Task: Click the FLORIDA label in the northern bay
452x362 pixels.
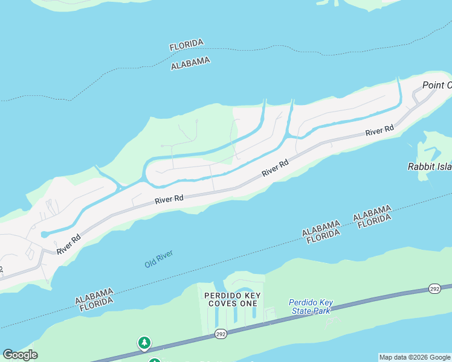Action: tap(187, 45)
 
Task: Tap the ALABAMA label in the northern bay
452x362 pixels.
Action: tap(190, 63)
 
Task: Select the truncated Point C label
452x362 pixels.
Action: tap(436, 85)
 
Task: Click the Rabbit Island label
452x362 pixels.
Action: tap(430, 166)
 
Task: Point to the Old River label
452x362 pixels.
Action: tap(159, 259)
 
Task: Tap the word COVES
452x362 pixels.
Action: tap(222, 303)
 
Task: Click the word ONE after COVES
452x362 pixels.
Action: tap(248, 303)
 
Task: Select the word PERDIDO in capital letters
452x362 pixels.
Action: tap(224, 295)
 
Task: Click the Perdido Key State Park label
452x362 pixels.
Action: tap(311, 306)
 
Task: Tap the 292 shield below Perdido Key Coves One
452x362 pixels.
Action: tap(222, 334)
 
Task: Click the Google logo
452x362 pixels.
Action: tap(20, 355)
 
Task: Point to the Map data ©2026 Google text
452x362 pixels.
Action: tap(415, 357)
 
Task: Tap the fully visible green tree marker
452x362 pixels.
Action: tap(144, 343)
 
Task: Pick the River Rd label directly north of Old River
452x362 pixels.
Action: tap(169, 198)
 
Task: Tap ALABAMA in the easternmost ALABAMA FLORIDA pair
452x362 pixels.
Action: tap(371, 213)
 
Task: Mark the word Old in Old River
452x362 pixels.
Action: tap(151, 263)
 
